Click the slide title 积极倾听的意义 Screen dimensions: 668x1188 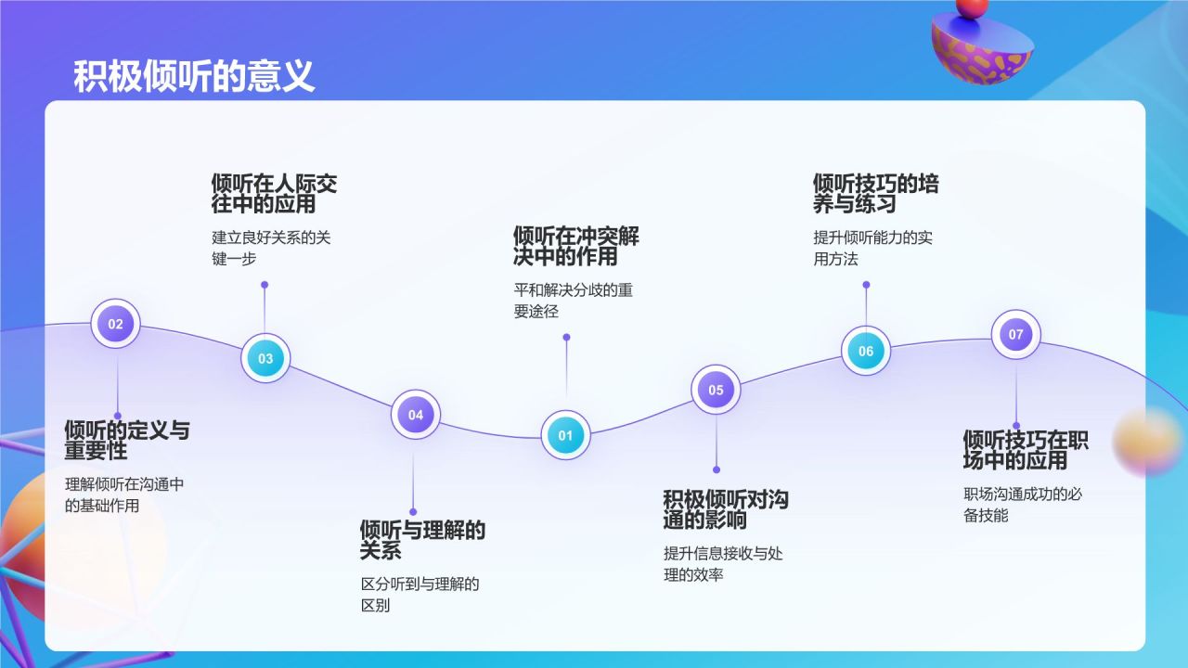click(x=194, y=76)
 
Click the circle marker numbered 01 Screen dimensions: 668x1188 click(x=566, y=435)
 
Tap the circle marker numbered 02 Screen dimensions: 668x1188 click(x=115, y=324)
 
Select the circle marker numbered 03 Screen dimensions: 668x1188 click(x=265, y=358)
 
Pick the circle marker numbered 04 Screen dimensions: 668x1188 click(x=416, y=415)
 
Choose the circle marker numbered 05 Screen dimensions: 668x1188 click(x=716, y=390)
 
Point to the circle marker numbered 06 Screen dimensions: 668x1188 click(x=866, y=351)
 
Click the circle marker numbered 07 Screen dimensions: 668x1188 click(x=1016, y=334)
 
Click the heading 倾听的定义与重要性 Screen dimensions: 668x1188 click(x=127, y=441)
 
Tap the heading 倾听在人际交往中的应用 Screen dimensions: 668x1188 click(x=274, y=194)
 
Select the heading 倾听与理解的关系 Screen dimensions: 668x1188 click(x=422, y=540)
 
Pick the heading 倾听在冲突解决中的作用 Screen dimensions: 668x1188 click(x=575, y=246)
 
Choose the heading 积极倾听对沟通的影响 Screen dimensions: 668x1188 click(x=725, y=509)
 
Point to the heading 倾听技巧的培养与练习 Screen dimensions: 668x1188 click(x=875, y=194)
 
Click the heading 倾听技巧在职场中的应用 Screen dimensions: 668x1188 click(x=1026, y=450)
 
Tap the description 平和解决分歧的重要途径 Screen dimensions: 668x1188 click(x=573, y=301)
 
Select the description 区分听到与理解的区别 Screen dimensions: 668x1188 click(x=420, y=595)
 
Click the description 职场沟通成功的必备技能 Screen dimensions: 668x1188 click(x=1023, y=504)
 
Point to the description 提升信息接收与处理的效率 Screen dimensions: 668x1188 click(x=723, y=564)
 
